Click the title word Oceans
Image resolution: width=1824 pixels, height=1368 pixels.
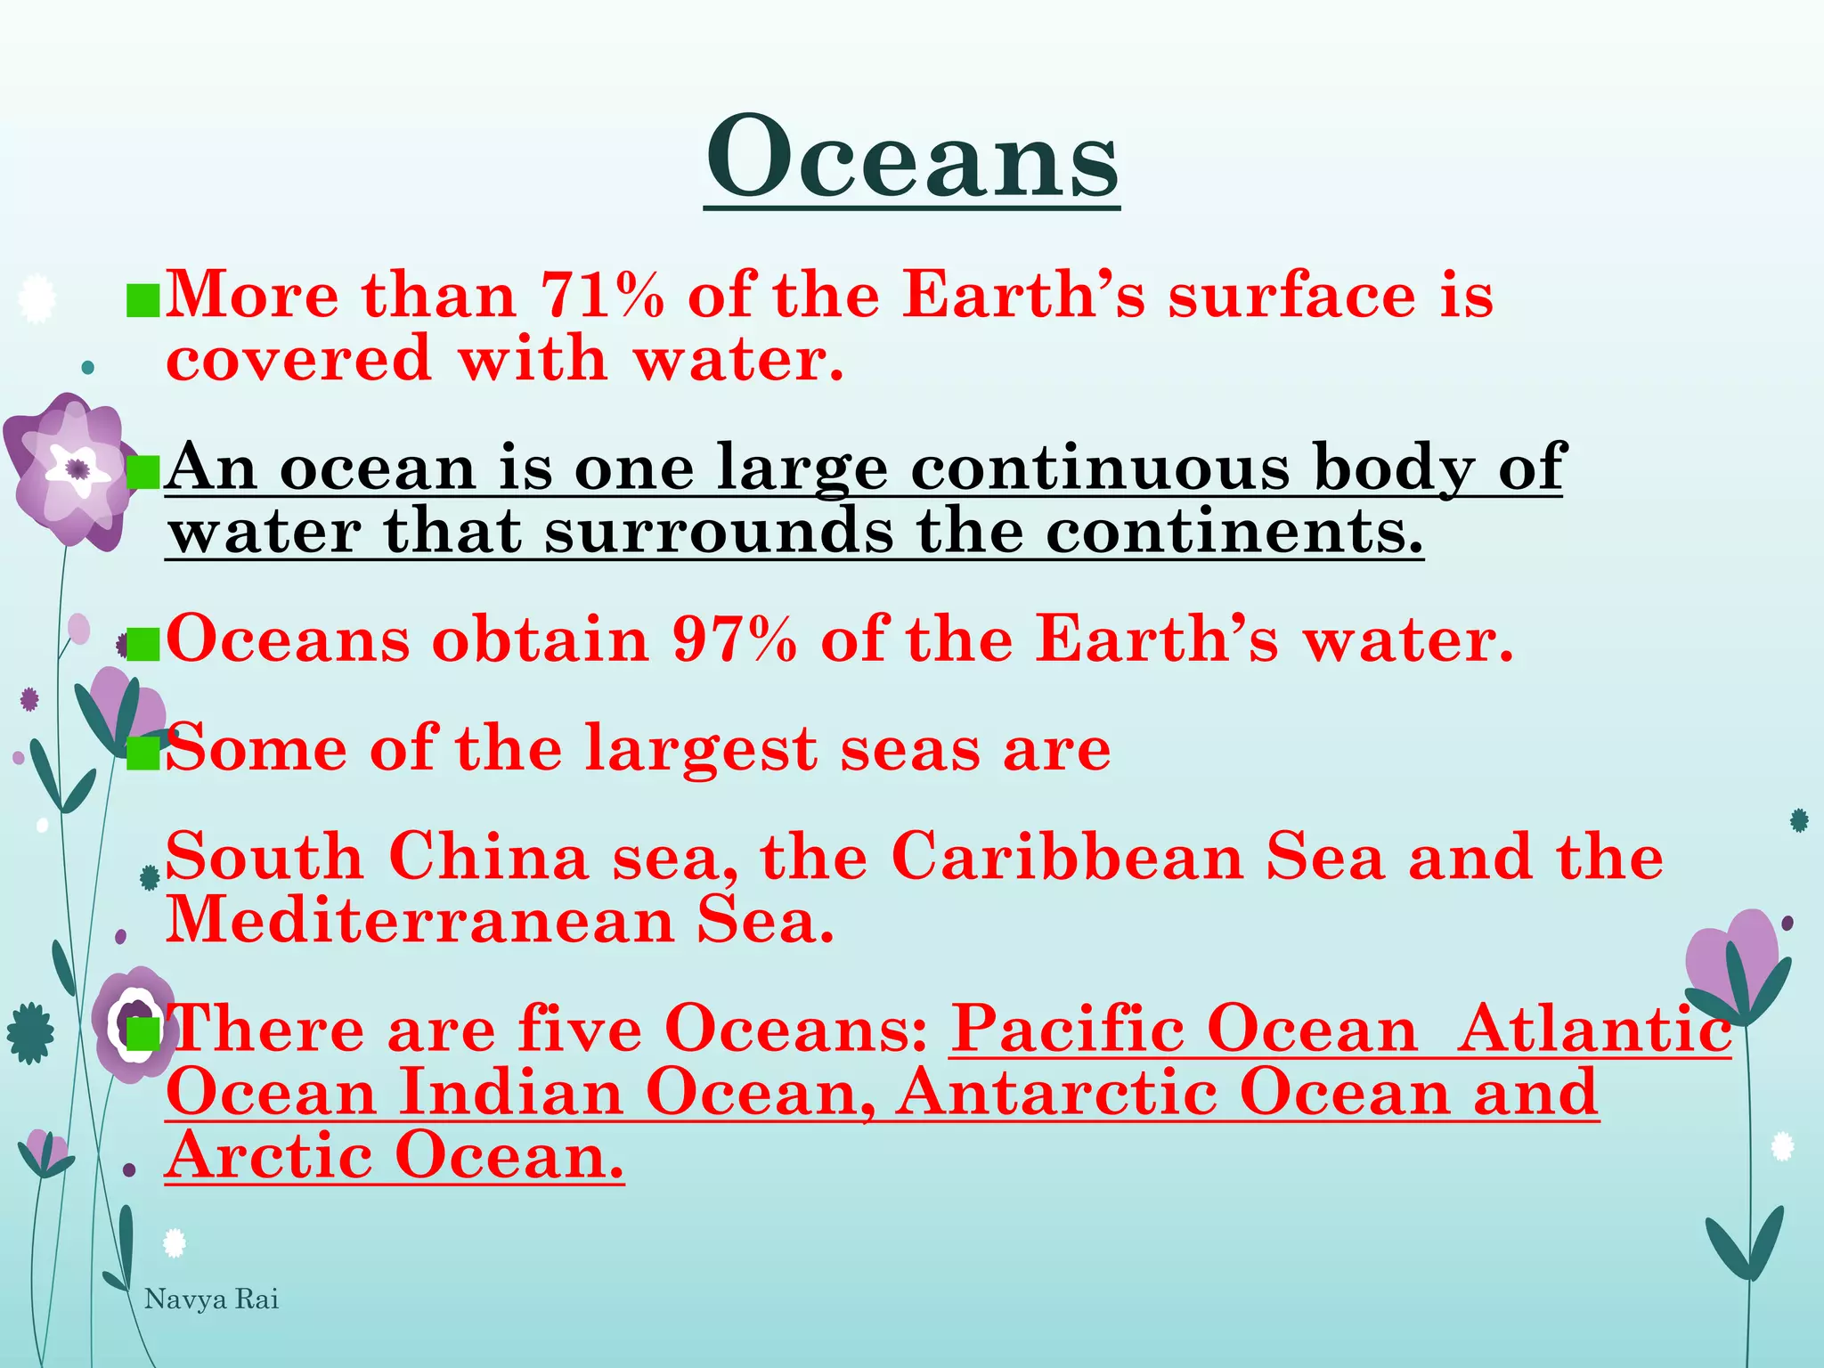pos(912,159)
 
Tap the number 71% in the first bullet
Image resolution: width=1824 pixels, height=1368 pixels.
pos(603,295)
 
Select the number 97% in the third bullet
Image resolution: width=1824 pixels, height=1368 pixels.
pos(735,639)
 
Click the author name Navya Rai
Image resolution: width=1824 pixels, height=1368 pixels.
pos(212,1299)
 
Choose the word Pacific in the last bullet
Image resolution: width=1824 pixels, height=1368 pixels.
pos(1069,1030)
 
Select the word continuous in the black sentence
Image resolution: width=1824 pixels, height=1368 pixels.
pos(1100,468)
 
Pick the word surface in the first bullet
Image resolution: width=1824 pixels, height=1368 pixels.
pos(1291,295)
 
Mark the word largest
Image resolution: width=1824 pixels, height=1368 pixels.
pos(700,750)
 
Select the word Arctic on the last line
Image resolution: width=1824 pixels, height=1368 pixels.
pos(269,1157)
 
